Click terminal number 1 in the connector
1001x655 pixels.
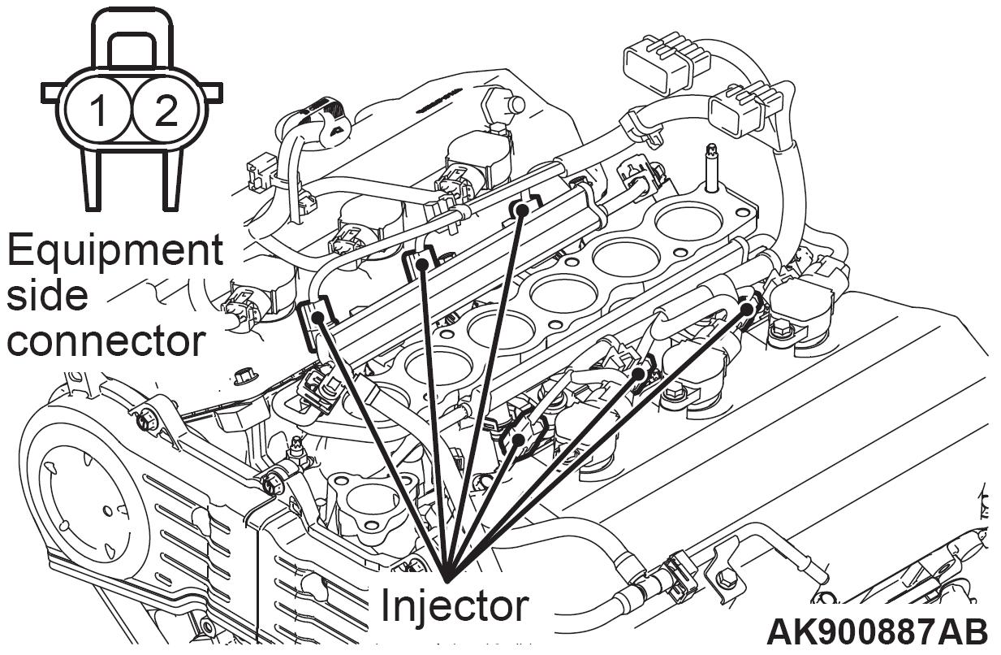[97, 111]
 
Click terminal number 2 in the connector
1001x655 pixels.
[165, 111]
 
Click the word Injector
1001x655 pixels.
[455, 605]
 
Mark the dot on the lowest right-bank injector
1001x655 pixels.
[517, 440]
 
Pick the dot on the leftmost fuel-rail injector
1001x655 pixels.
[317, 317]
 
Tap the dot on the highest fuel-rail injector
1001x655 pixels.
[522, 210]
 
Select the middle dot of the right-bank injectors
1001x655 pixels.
[639, 374]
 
